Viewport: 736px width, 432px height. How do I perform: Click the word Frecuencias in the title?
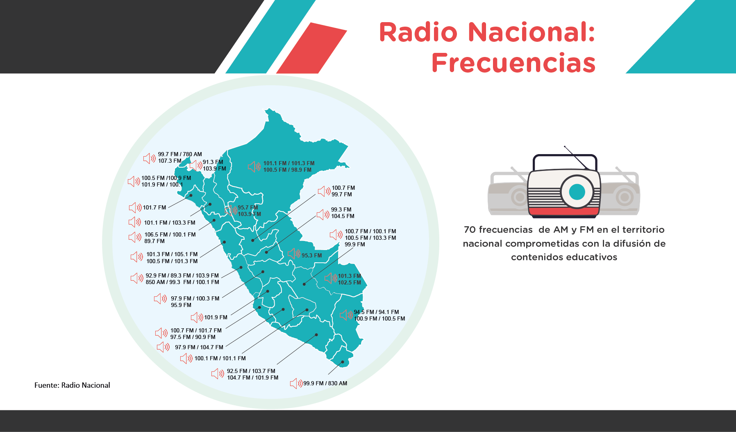pos(513,63)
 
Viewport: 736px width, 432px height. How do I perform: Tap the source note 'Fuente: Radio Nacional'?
pos(72,385)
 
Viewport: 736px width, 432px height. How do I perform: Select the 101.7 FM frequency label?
pos(154,207)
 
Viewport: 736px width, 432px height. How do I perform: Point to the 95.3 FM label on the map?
pos(312,255)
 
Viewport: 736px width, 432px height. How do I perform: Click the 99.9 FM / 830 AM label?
pos(325,383)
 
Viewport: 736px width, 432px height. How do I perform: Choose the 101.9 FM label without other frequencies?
pos(216,317)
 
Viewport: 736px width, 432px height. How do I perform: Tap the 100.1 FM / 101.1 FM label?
pos(220,358)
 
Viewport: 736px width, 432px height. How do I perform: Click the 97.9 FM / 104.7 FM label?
pos(199,347)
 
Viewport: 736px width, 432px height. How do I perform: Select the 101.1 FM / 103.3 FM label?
pos(170,223)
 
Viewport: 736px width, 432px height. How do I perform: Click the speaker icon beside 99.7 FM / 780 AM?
pos(149,158)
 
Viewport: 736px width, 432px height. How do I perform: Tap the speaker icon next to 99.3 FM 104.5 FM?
pos(323,214)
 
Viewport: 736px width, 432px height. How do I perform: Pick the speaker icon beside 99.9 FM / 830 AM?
pos(296,384)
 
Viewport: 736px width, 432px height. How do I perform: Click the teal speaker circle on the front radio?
pos(577,192)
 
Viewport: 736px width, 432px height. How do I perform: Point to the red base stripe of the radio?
pos(564,211)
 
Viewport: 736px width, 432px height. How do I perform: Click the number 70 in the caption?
pos(470,230)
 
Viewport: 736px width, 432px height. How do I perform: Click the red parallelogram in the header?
pos(312,48)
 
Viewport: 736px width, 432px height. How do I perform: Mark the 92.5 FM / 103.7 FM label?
pos(251,371)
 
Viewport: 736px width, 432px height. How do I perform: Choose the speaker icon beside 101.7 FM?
pos(135,208)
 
